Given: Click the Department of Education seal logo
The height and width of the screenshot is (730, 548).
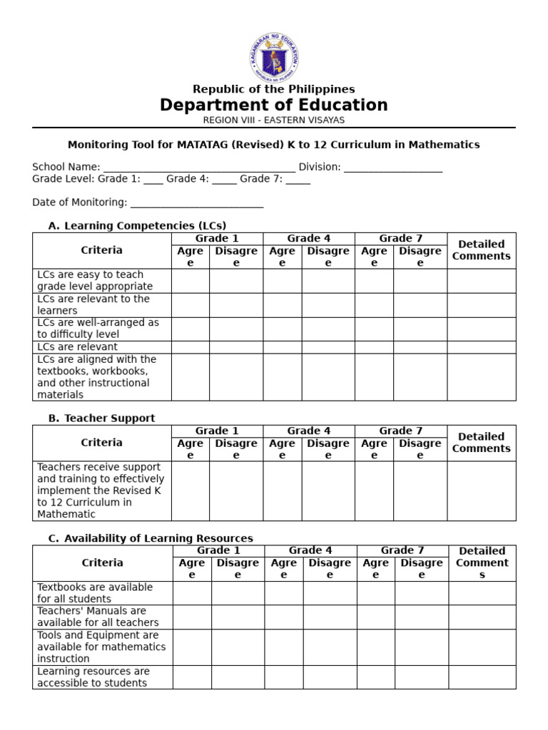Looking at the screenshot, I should pos(274,57).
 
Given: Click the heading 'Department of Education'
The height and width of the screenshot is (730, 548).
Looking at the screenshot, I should pos(274,106).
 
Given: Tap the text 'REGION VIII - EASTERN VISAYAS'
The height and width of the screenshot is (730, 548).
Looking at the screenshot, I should pos(274,120).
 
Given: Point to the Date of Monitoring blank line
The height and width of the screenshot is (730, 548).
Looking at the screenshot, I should pos(197,203).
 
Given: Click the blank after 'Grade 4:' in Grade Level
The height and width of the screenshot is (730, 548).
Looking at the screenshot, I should pos(224,180).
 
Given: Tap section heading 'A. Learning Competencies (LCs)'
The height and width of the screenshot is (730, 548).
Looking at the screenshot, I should pos(137,226).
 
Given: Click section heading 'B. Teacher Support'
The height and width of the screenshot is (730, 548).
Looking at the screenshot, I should pos(101,418).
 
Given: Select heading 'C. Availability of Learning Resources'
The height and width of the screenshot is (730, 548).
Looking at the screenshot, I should pos(151,538).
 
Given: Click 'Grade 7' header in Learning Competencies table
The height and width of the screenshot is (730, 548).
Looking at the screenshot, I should pos(401,239).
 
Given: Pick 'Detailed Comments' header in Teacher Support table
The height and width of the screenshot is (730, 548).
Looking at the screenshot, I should pos(482,443).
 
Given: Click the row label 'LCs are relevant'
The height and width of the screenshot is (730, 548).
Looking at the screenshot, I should pos(78,347).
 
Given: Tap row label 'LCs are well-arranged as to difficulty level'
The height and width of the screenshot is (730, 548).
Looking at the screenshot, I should pos(98,329).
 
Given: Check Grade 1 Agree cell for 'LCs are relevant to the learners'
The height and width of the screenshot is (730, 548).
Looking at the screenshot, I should pos(191,305).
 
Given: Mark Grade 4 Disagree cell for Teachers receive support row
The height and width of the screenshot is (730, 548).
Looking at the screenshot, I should pos(328,490).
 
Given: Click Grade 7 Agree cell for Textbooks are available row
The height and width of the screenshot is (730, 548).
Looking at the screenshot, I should pos(376,593).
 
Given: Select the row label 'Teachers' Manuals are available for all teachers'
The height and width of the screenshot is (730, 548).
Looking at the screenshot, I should pos(92,617).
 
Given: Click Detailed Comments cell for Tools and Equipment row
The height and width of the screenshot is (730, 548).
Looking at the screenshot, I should pos(482,647).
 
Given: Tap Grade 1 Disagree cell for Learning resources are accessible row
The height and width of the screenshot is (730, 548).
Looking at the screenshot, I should pos(238,677).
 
